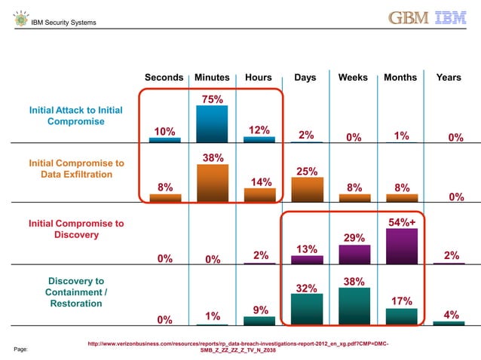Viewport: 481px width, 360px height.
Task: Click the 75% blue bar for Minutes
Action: (x=212, y=124)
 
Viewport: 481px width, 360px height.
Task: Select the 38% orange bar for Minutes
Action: (x=212, y=183)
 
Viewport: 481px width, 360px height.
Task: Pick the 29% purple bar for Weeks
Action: (x=354, y=255)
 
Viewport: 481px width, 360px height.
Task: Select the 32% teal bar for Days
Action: (x=307, y=310)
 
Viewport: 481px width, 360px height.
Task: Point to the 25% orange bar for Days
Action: (x=307, y=190)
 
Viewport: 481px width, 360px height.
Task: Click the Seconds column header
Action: (x=164, y=78)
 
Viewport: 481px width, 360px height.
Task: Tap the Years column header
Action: (x=449, y=78)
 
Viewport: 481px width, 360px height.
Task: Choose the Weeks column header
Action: (x=354, y=78)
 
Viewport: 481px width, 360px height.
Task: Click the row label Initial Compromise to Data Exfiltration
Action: (x=76, y=169)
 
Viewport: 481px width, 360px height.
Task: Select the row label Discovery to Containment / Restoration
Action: (x=76, y=292)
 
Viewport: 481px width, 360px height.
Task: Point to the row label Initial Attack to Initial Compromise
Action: (x=75, y=115)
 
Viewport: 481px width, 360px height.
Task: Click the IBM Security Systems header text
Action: (x=63, y=23)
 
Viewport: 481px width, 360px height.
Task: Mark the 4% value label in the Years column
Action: (x=452, y=315)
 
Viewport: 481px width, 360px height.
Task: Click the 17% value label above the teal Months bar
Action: (x=401, y=301)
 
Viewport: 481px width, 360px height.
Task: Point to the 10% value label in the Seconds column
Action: (x=164, y=132)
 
